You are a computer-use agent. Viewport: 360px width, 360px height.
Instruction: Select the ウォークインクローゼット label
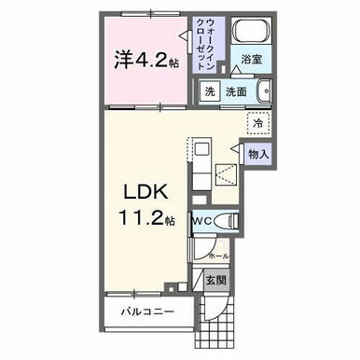click(x=204, y=43)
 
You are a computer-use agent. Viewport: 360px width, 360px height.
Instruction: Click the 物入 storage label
click(x=256, y=153)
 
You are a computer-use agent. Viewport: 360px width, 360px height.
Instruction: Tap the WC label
click(x=203, y=221)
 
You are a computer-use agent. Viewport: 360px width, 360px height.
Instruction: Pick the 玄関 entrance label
click(x=215, y=279)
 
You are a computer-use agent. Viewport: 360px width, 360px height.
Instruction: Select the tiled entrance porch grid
click(x=228, y=321)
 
